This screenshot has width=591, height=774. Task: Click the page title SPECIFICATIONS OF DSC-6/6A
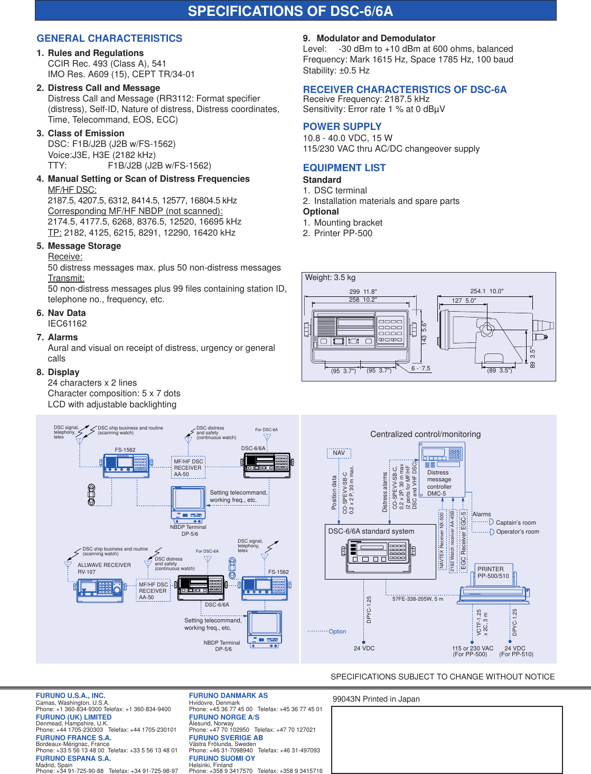290,11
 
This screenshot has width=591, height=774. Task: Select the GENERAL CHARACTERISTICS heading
109,39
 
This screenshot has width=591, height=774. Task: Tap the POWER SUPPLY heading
342,127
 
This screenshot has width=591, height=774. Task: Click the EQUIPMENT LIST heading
344,168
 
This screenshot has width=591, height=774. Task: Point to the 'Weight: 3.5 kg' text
330,278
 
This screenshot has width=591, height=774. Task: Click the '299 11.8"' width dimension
363,292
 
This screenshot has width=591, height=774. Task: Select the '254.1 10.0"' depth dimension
486,291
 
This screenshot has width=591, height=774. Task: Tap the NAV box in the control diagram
339,453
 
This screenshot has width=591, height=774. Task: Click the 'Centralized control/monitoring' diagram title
425,434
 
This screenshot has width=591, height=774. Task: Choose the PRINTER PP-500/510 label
493,573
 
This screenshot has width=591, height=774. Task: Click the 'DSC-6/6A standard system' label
371,531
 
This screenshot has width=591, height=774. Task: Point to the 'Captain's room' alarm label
515,523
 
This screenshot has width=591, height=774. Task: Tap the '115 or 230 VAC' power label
472,648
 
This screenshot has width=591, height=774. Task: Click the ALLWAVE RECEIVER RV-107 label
104,568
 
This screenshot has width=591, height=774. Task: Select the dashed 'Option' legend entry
337,631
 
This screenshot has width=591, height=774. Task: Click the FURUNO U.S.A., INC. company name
70,696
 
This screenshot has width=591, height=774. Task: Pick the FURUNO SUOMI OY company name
222,758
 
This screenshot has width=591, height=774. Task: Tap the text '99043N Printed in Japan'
376,699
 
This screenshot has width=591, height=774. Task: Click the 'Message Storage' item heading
84,246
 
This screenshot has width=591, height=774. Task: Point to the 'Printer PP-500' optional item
343,234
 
